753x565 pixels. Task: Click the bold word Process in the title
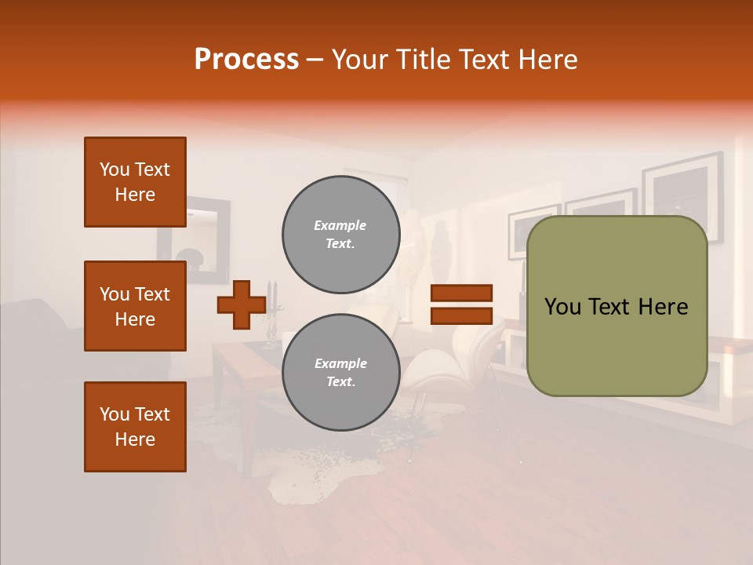click(246, 59)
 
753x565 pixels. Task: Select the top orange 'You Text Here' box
click(135, 182)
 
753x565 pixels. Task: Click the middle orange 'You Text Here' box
click(135, 306)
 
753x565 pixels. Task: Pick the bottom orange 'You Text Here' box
click(135, 427)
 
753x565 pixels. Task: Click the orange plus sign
click(241, 304)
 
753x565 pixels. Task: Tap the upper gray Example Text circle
click(340, 234)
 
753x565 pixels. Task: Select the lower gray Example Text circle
click(340, 372)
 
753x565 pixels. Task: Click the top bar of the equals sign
click(461, 293)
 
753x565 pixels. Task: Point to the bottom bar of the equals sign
click(461, 315)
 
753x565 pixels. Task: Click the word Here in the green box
click(662, 306)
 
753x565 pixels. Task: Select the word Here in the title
click(549, 59)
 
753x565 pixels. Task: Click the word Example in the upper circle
click(340, 225)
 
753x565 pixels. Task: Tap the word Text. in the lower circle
click(340, 381)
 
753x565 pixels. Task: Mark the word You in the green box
click(562, 306)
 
